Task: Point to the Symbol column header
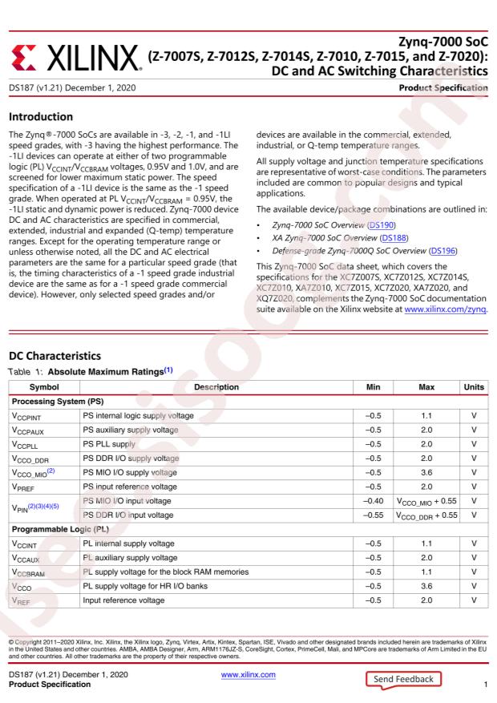pyautogui.click(x=43, y=410)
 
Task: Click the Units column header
pyautogui.click(x=474, y=410)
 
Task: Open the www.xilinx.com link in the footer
pyautogui.click(x=248, y=675)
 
